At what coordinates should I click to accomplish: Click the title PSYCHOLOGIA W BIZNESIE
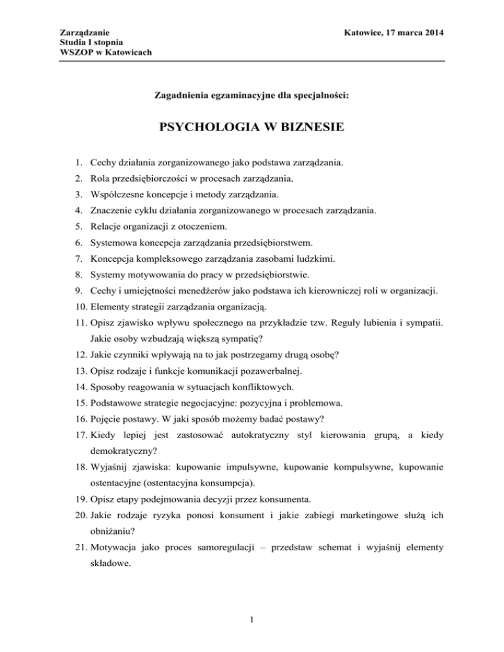[252, 141]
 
